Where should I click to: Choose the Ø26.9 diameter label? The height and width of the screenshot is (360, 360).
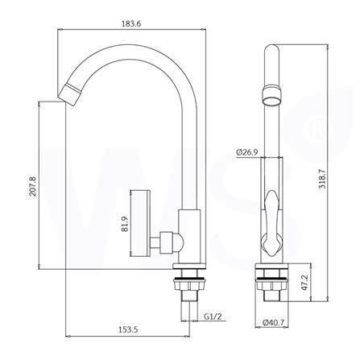click(x=247, y=151)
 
